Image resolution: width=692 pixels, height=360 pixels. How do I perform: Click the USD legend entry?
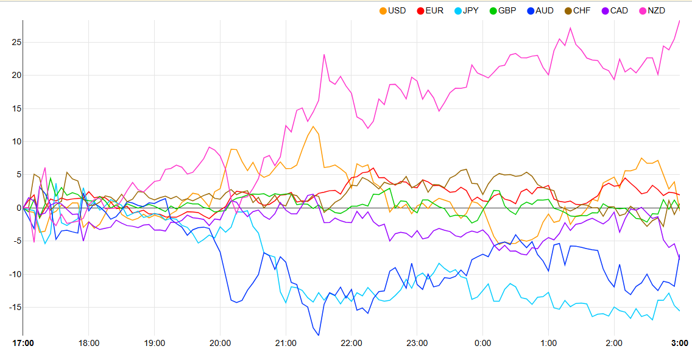point(392,10)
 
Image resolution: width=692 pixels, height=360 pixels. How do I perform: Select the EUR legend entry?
point(429,10)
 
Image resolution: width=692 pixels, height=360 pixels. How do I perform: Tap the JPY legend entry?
point(465,10)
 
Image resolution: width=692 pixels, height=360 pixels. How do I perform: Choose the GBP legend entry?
point(503,10)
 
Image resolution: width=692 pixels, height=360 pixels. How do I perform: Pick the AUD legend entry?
point(540,10)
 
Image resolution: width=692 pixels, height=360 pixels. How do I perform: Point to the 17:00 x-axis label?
point(23,343)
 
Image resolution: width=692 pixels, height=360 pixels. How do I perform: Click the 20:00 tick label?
point(221,343)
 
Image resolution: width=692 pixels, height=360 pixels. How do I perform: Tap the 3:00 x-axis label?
point(679,343)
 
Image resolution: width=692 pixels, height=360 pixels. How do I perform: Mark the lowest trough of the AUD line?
point(319,335)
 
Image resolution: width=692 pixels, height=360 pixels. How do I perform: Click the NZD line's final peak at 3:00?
point(679,20)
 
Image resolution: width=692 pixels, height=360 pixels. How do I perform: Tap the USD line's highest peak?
point(312,126)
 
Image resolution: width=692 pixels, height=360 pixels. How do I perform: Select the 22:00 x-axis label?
point(351,343)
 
